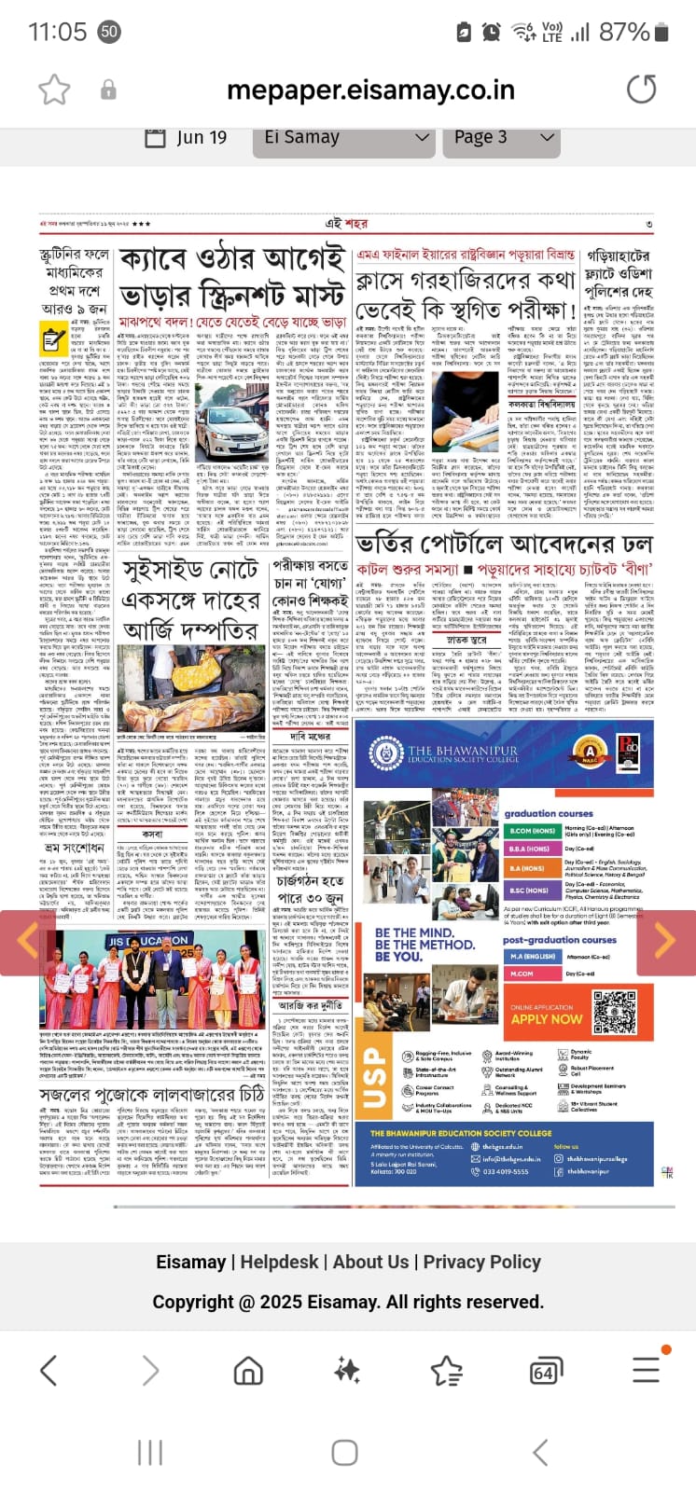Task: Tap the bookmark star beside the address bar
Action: (54, 90)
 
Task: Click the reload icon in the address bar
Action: (641, 90)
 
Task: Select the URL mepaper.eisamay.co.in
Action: (370, 90)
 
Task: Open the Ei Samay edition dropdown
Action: (346, 137)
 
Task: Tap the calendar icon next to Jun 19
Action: (156, 137)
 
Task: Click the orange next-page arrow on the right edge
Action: (664, 942)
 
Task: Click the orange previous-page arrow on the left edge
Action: (27, 942)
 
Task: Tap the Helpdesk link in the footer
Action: (279, 1262)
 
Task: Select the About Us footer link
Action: (370, 1262)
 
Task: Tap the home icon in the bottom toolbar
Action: (248, 1370)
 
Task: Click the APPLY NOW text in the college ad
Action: (547, 1019)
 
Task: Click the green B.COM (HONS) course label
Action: (533, 831)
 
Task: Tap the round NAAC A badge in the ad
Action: (590, 750)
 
